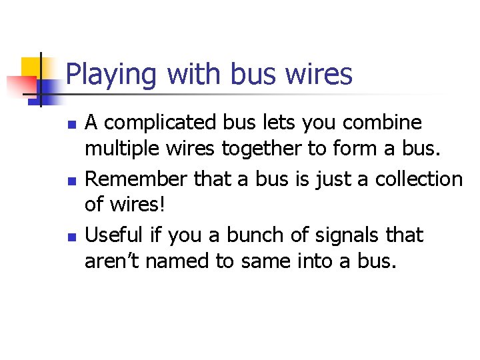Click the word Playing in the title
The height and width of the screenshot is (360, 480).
coord(111,75)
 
